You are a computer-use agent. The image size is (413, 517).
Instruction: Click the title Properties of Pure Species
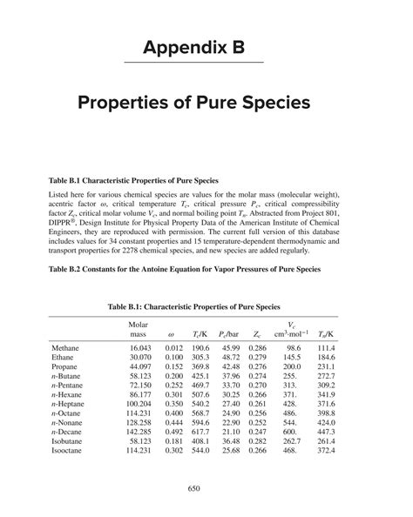click(x=206, y=103)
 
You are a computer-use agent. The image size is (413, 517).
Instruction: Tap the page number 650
click(x=206, y=489)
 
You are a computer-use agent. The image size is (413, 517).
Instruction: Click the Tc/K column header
click(x=200, y=332)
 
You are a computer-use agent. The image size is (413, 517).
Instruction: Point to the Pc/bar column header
click(x=230, y=332)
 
